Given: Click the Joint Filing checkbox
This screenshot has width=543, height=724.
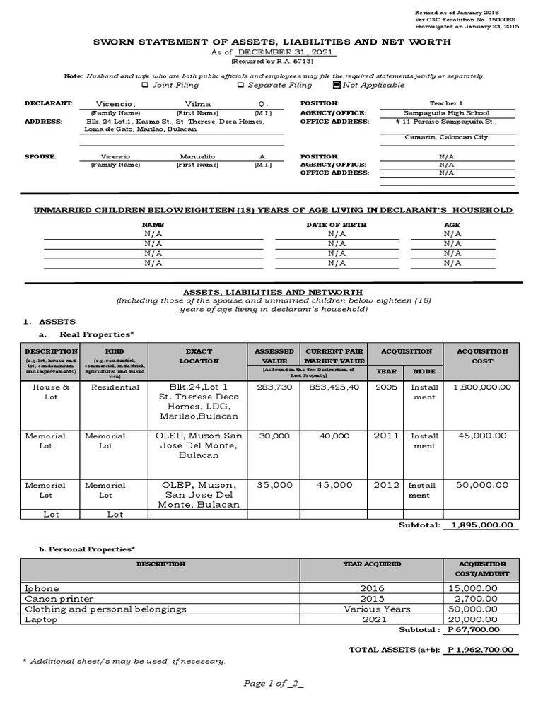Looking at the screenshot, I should coord(145,86).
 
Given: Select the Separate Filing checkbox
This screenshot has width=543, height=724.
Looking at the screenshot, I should coord(240,86).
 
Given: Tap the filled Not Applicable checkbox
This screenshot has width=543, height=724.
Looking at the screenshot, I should coord(336,86).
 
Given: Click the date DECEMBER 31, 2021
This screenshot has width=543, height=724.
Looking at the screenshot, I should coord(286,53).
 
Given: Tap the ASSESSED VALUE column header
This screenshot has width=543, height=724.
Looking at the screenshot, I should coord(274,356).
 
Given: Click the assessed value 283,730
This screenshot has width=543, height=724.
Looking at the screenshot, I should coord(274,387).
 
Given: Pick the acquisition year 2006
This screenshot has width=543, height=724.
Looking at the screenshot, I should coord(387,387).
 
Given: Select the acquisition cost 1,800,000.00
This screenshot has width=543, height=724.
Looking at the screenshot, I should coord(480,387).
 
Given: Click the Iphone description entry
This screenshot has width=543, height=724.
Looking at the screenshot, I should coord(42,588).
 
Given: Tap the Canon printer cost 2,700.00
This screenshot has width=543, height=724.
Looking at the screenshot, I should coord(473,599).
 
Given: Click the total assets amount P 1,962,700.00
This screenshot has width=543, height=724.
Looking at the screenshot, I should coord(481,650).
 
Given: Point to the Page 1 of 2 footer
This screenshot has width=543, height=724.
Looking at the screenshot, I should coord(273,683).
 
